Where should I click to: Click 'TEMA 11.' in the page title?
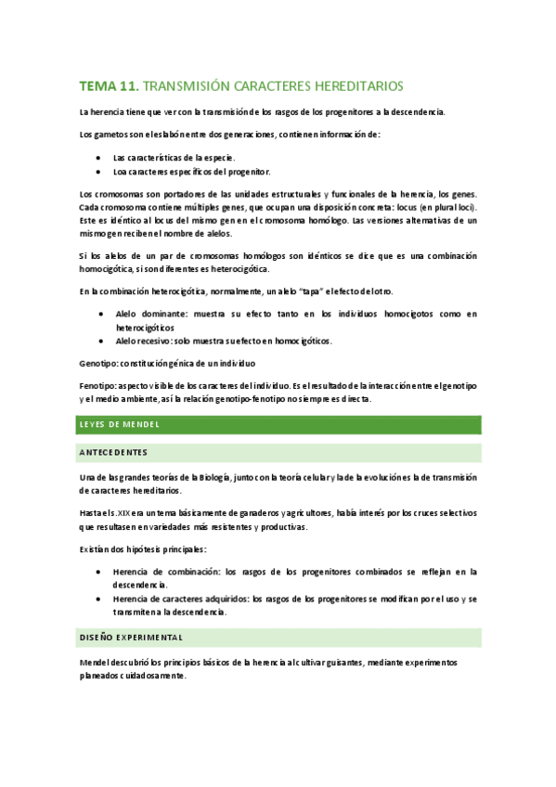click(109, 86)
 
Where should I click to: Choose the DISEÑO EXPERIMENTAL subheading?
click(131, 638)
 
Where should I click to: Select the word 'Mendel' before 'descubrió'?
click(97, 663)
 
